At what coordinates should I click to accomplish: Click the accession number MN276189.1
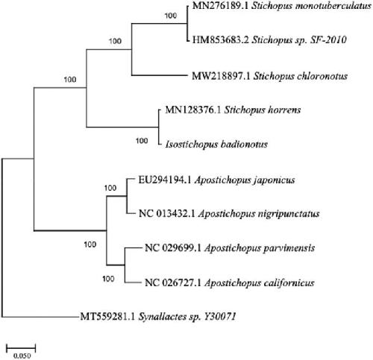point(220,6)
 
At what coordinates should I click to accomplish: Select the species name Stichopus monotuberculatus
point(311,6)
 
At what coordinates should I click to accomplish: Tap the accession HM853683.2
point(220,40)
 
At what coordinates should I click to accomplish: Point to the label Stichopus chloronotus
point(301,76)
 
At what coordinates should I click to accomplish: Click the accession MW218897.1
point(221,76)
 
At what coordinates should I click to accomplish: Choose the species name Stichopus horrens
point(263,110)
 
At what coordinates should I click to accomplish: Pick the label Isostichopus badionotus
point(216,144)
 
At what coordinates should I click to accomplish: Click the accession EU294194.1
point(165,180)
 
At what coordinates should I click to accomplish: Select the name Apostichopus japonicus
point(245,180)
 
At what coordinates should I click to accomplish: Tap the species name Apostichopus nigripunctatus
point(259,214)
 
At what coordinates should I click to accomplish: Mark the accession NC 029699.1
point(173,248)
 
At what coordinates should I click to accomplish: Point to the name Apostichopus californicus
point(260,283)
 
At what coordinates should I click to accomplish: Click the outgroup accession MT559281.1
point(107,317)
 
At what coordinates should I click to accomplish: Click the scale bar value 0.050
point(22,356)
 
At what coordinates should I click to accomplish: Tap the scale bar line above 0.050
point(21,347)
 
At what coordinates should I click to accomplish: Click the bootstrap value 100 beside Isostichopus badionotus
point(142,141)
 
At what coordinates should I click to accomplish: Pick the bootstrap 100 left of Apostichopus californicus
point(108,279)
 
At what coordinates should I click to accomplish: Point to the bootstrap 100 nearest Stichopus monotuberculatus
point(171,16)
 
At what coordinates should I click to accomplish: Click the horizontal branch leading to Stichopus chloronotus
point(160,75)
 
